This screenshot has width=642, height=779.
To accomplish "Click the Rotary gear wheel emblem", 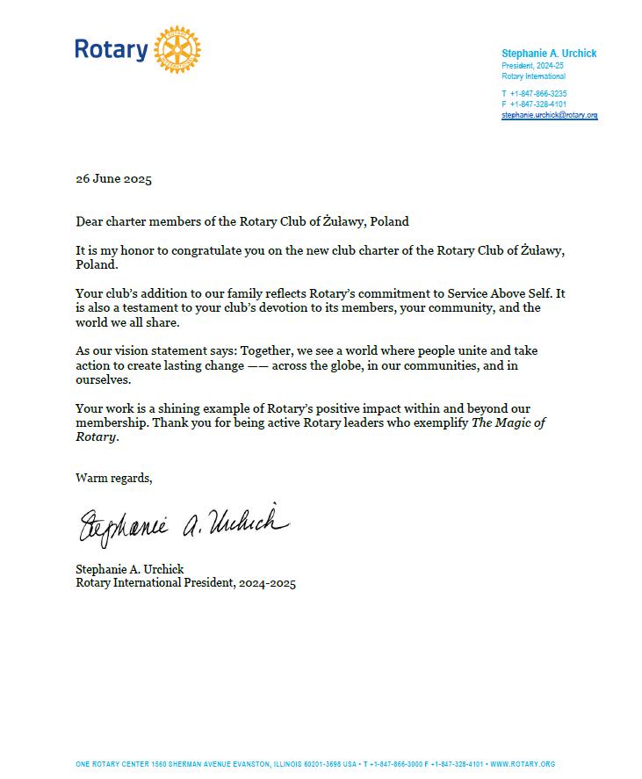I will pyautogui.click(x=177, y=49).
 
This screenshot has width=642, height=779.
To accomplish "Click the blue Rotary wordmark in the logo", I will pyautogui.click(x=111, y=50).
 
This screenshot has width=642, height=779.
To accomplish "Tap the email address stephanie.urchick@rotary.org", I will pyautogui.click(x=549, y=115).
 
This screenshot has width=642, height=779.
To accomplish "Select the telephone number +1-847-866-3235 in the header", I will pyautogui.click(x=537, y=93).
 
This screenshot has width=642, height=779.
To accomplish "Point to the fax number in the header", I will pyautogui.click(x=537, y=104).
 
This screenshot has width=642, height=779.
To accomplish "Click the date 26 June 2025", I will pyautogui.click(x=113, y=179).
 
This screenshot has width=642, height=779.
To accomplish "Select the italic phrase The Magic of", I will pyautogui.click(x=509, y=422).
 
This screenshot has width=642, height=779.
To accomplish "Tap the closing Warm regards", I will pyautogui.click(x=113, y=478).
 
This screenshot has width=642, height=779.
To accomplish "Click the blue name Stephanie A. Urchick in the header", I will pyautogui.click(x=549, y=54).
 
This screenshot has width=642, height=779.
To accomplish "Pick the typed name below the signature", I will pyautogui.click(x=130, y=569).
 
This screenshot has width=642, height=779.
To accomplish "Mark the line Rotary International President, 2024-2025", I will pyautogui.click(x=185, y=583).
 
